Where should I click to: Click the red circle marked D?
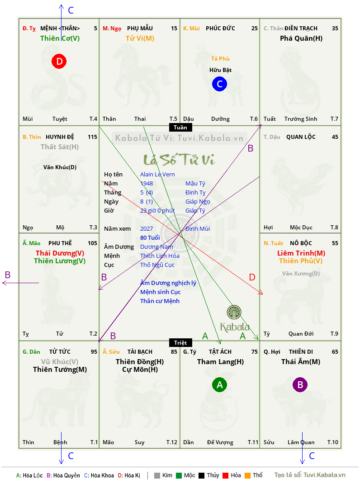click(59, 61)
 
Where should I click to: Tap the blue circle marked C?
click(219, 84)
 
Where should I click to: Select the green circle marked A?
click(219, 384)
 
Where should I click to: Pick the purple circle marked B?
click(300, 384)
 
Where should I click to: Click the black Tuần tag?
click(180, 128)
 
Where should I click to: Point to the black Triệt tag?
click(180, 342)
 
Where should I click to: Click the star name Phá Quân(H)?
click(301, 38)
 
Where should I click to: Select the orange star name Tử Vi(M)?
click(140, 38)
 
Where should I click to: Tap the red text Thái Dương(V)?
click(60, 253)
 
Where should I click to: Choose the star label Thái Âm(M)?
click(301, 362)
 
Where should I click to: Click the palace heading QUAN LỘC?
click(301, 137)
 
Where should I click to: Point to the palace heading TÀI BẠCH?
click(140, 351)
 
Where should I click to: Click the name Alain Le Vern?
click(157, 175)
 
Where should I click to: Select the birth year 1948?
click(147, 183)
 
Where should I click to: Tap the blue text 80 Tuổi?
click(150, 237)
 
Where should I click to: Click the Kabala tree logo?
click(234, 312)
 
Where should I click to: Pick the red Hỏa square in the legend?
click(225, 475)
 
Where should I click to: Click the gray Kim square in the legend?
click(157, 475)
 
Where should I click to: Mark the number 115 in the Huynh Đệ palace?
click(92, 137)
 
